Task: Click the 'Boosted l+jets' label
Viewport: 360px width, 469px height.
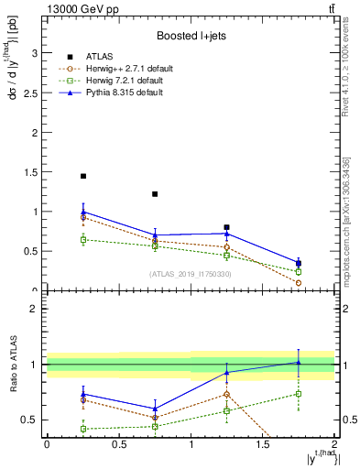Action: pyautogui.click(x=189, y=37)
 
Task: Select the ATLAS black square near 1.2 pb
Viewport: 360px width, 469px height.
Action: pyautogui.click(x=155, y=194)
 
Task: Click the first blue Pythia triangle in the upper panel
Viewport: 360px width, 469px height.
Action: pyautogui.click(x=83, y=212)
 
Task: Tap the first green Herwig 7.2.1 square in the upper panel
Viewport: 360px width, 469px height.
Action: pyautogui.click(x=83, y=240)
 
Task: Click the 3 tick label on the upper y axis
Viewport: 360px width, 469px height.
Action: pyautogui.click(x=35, y=53)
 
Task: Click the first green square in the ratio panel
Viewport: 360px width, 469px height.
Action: pyautogui.click(x=83, y=429)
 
